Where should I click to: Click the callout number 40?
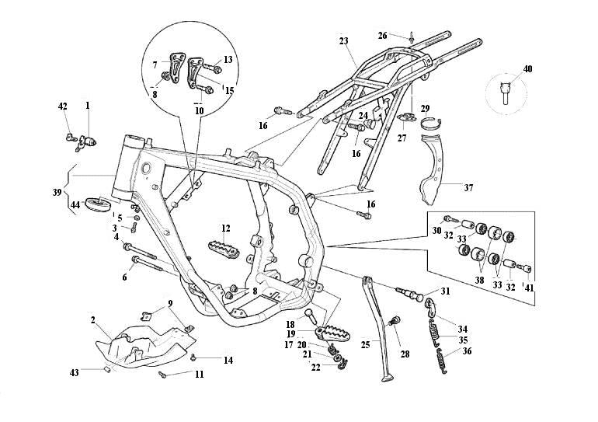coord(528,69)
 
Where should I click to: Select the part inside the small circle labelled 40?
coord(506,92)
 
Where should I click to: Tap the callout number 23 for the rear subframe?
coord(344,40)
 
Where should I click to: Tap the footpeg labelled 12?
coord(224,249)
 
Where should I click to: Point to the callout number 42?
coord(62,106)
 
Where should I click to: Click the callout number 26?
coord(383,36)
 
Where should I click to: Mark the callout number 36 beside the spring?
coord(467,351)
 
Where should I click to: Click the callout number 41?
coord(530,288)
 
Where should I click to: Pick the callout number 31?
coord(444,291)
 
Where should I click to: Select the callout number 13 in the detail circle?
coord(228,59)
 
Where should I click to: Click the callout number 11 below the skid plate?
coord(200,375)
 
